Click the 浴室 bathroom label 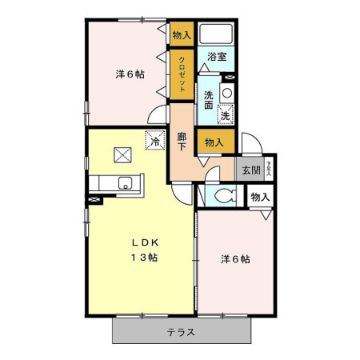coord(216,56)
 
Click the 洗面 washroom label coord(208,100)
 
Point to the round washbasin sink coord(226,93)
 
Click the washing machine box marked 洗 coord(226,115)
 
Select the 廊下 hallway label coord(182,142)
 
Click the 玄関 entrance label coord(250,170)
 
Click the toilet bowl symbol coord(223,195)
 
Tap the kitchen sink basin coord(125,183)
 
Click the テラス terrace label coord(182,332)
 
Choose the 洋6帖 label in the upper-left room coord(130,74)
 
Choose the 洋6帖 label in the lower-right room coord(235,259)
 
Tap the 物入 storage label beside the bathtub coord(182,34)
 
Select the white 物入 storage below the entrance coord(261,197)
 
